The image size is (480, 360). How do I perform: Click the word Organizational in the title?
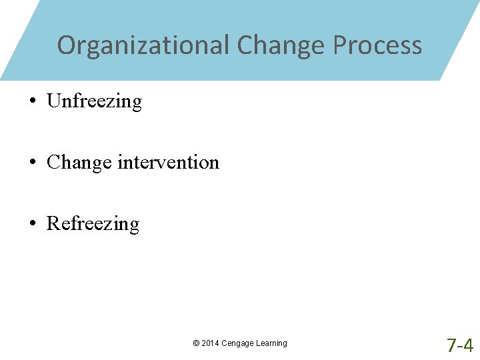(143, 45)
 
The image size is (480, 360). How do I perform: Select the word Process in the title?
(377, 45)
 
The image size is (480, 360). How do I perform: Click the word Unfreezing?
(94, 101)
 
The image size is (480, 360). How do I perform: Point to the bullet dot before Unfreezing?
(32, 102)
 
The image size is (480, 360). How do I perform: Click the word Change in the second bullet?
(79, 163)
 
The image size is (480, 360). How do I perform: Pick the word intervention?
(168, 162)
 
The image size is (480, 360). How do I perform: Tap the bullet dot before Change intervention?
(32, 163)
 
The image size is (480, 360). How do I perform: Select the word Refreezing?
(93, 223)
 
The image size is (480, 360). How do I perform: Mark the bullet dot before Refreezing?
(32, 224)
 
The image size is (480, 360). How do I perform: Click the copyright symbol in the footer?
(196, 343)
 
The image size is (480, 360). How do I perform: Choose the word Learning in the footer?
(272, 343)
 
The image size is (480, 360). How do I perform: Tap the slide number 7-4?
(460, 345)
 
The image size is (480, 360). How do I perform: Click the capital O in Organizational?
(66, 45)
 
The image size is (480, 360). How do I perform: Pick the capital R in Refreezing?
(53, 223)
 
